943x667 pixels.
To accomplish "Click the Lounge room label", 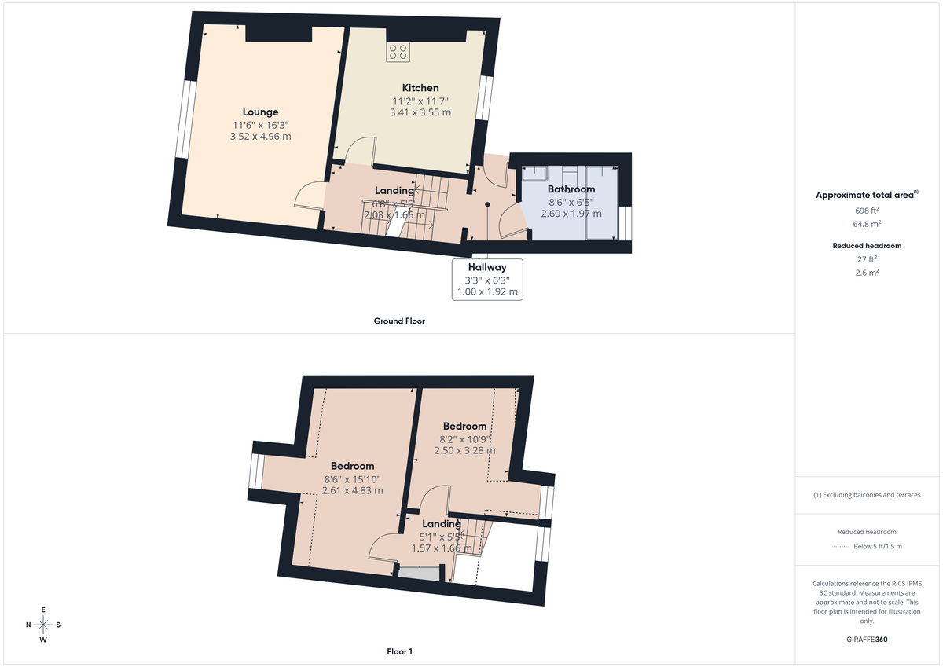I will coord(260,112).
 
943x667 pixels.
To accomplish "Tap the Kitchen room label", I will coord(420,88).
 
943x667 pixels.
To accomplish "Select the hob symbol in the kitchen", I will coord(398,52).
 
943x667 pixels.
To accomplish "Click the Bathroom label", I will coord(571,189).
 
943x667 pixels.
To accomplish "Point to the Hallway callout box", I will coord(487,279).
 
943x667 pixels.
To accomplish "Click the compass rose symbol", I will coord(43,625).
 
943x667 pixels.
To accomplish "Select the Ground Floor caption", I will coord(399,321).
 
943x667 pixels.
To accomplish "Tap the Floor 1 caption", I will coord(399,651).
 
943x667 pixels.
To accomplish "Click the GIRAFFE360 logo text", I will coord(867,640).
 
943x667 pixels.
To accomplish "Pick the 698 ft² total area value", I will coord(867,211).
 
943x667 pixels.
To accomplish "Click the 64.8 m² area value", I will coord(867,222).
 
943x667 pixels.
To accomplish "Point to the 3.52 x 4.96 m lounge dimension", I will coord(260,136).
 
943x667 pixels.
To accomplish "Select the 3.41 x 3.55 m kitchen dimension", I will coord(420,112).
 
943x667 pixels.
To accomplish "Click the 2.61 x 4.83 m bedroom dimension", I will coord(353,490).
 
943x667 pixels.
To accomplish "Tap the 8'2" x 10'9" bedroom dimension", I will coord(464,438).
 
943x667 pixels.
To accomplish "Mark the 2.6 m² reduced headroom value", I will coord(867,273).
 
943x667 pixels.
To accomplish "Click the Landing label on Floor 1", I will coord(441,524).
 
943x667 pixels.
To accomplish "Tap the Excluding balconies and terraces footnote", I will coord(867,495).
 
